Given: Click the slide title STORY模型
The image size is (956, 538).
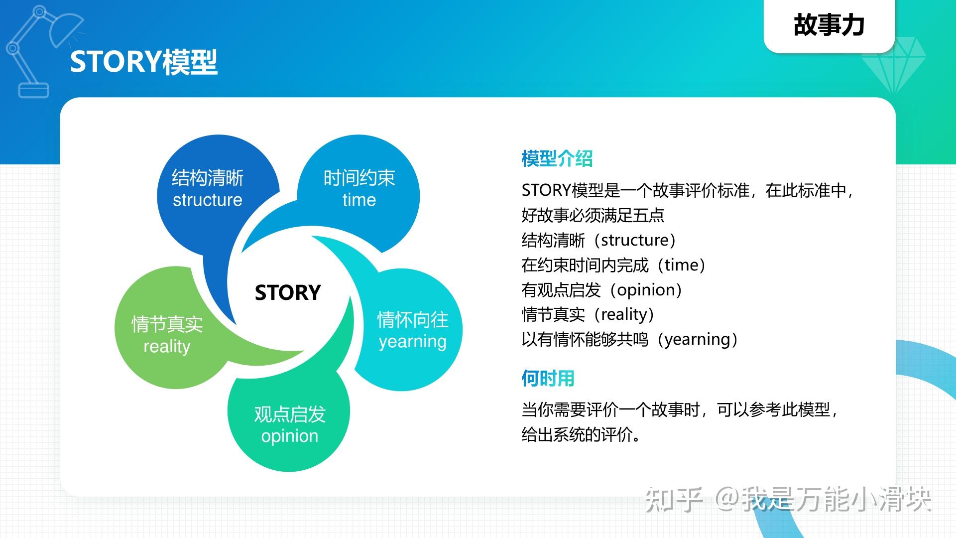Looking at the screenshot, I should (143, 62).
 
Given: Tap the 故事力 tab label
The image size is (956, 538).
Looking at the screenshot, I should (829, 25).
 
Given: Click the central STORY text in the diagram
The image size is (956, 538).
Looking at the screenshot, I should (287, 292).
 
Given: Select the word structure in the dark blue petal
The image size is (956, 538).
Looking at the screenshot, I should (207, 200).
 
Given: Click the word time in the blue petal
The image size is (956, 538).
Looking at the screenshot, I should (359, 200).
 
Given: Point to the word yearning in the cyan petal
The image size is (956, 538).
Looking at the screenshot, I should (412, 342).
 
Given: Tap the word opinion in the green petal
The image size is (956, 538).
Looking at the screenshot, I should (289, 436).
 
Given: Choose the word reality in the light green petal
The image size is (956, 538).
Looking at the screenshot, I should (167, 346).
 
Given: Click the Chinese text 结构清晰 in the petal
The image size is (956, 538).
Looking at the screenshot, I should (207, 178).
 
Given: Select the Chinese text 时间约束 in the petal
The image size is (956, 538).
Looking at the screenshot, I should (359, 178).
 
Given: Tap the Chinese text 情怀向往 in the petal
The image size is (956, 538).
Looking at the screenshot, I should (412, 320).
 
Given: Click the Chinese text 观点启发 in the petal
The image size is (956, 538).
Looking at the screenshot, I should (289, 414).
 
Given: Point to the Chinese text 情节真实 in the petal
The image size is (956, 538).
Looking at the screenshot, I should (167, 324).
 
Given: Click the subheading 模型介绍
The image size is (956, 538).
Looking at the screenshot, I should (557, 159).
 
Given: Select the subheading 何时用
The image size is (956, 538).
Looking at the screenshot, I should (548, 379).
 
